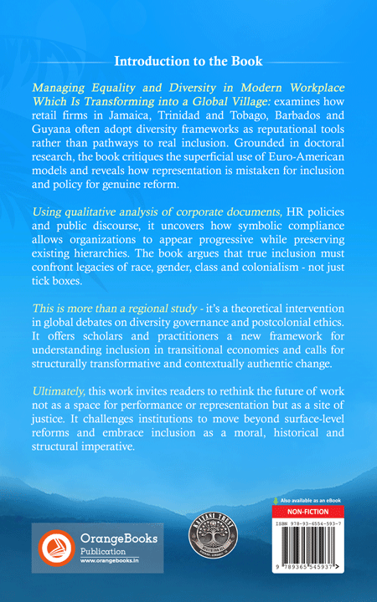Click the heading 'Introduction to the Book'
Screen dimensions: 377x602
188,61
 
